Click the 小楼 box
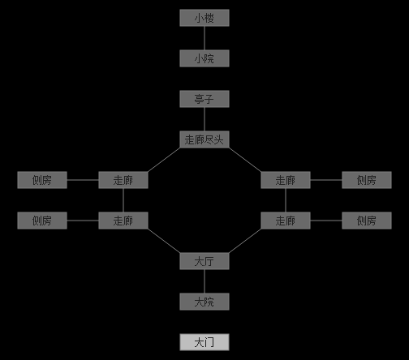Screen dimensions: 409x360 [204, 18]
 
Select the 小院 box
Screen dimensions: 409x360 [204, 58]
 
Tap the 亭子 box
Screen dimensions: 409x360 [204, 99]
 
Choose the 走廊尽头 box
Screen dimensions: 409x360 [204, 139]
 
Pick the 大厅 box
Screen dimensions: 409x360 [204, 261]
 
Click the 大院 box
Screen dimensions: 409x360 [204, 302]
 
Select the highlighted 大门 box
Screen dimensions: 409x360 [204, 342]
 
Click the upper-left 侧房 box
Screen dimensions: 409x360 [42, 180]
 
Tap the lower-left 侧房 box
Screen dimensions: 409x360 [42, 221]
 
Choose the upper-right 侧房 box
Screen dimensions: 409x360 [367, 180]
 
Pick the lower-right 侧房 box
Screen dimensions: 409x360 [367, 221]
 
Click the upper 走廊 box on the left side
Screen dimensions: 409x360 [123, 180]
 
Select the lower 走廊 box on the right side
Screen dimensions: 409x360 [286, 221]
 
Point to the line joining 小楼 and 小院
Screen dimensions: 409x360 [204, 38]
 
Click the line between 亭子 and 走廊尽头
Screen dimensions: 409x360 [204, 119]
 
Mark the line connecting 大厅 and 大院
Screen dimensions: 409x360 [204, 281]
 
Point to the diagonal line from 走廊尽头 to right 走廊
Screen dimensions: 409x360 [245, 160]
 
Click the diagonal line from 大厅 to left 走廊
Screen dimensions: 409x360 [164, 241]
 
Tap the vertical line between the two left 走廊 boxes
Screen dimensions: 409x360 [123, 200]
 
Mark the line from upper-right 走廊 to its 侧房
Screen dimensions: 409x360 [326, 180]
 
